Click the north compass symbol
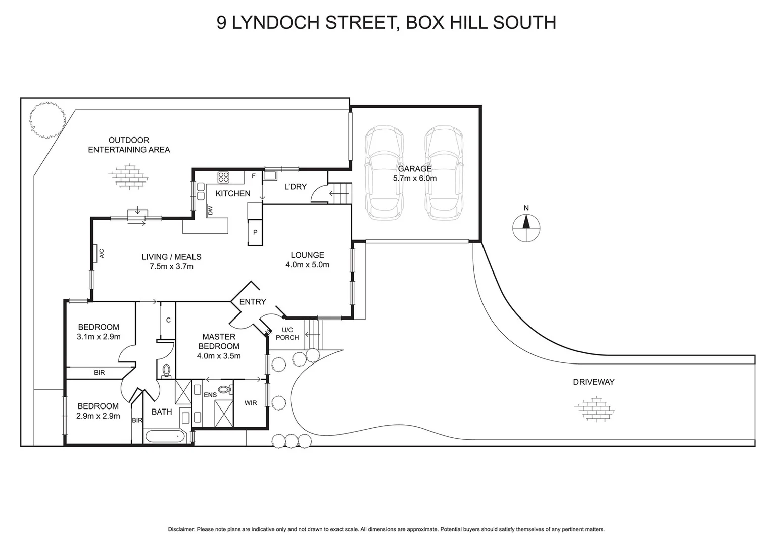(x=526, y=228)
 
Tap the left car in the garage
(x=384, y=173)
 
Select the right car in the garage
(x=444, y=173)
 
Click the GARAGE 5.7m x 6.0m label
(x=414, y=173)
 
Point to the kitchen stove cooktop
(x=224, y=177)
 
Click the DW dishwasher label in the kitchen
(x=210, y=210)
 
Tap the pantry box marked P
(x=255, y=233)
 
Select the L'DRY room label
(x=296, y=187)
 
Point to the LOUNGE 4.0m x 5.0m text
(x=307, y=260)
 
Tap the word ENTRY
(x=253, y=302)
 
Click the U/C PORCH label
(x=287, y=334)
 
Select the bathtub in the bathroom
(x=165, y=436)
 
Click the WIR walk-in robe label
(x=251, y=403)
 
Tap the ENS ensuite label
(x=210, y=395)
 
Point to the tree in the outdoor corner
(x=47, y=120)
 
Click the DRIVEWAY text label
(x=594, y=382)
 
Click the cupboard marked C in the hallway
(x=168, y=320)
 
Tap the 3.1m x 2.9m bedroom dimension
(x=99, y=337)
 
